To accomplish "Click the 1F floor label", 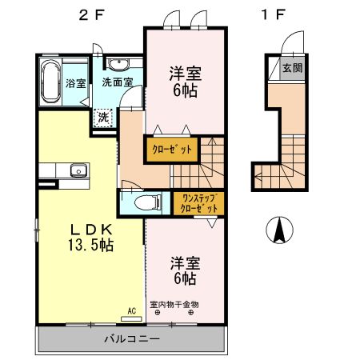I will [271, 14].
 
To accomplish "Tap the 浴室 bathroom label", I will [76, 82].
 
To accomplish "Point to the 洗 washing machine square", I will [103, 117].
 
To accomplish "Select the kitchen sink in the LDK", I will [78, 170].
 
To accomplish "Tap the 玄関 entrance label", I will [292, 68].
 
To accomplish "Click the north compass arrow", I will [280, 230].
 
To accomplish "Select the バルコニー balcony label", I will [133, 338].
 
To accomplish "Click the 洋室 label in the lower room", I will [184, 262].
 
